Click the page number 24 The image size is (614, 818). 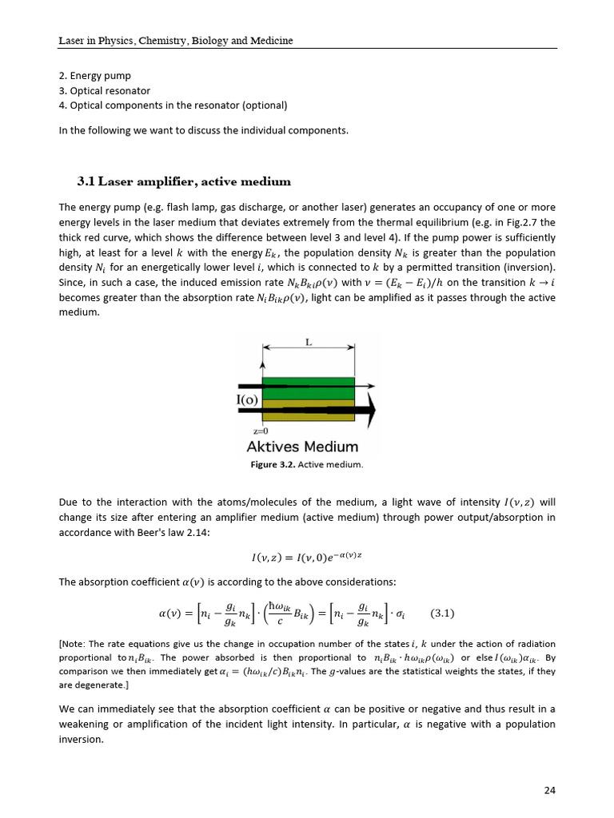(549, 791)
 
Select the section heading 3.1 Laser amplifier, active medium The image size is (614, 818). (183, 181)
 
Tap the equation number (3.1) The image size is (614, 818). (442, 613)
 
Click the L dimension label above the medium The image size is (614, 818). (309, 342)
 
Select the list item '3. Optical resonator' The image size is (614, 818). (104, 91)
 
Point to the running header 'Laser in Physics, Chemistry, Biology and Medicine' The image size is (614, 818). (176, 40)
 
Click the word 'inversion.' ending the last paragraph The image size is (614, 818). (82, 739)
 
